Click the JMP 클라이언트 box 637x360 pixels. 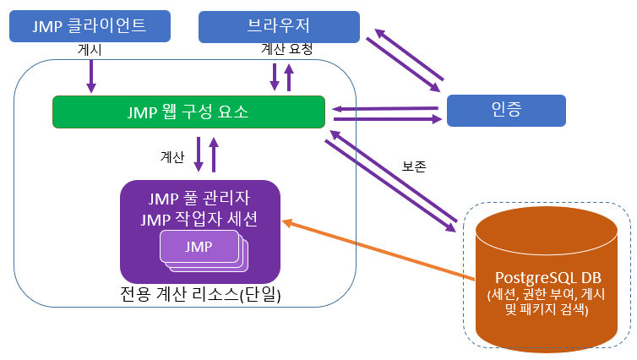pyautogui.click(x=89, y=26)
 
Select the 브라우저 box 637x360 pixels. pyautogui.click(x=279, y=26)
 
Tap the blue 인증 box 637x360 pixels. pyautogui.click(x=505, y=110)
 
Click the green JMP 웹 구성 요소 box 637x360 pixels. pyautogui.click(x=188, y=112)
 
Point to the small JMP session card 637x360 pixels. pyautogui.click(x=199, y=247)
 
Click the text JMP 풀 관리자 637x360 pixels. pyautogui.click(x=199, y=200)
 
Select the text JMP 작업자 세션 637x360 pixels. pyautogui.click(x=199, y=220)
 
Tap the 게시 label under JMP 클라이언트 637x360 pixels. pyautogui.click(x=90, y=51)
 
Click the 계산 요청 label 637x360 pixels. pyautogui.click(x=288, y=50)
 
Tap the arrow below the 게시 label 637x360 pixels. pyautogui.click(x=91, y=77)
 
